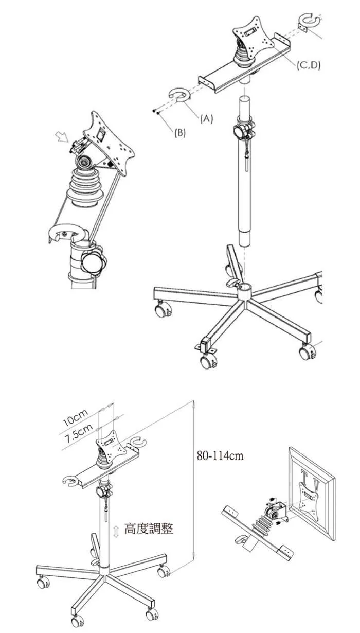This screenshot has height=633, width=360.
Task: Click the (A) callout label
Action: click(x=206, y=119)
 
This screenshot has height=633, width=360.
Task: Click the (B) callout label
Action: click(x=180, y=133)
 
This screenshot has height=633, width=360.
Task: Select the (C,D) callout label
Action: click(x=309, y=65)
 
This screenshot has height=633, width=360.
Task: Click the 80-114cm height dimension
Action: click(x=220, y=455)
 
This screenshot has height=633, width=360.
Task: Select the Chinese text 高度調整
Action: click(x=149, y=528)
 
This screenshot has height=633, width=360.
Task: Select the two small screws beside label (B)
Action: click(x=156, y=112)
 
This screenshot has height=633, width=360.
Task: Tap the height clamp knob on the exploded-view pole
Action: click(x=244, y=130)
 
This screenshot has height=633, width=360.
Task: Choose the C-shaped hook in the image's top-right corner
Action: click(x=309, y=21)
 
